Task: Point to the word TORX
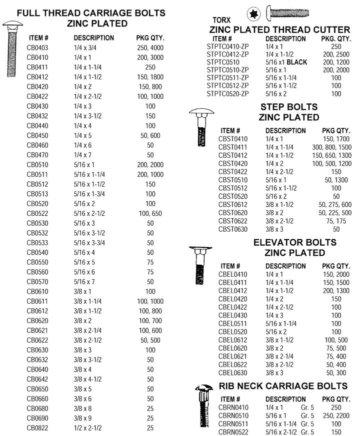click(222, 20)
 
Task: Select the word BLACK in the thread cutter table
click(294, 62)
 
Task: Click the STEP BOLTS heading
click(289, 107)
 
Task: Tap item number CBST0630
click(233, 229)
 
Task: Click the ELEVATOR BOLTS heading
click(294, 243)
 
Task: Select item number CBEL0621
click(233, 356)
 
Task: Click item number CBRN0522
click(233, 432)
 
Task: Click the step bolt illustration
click(201, 127)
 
